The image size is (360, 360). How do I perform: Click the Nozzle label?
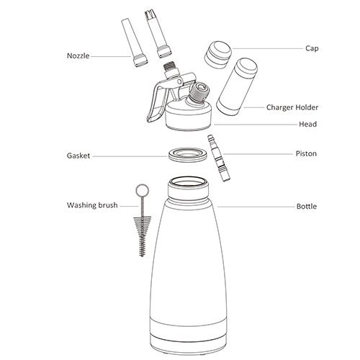coord(78,56)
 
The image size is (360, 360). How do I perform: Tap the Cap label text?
coord(312,48)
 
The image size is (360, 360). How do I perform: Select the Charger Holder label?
coord(292,107)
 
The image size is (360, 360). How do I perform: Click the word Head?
coord(307,124)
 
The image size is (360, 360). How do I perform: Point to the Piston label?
coord(306,153)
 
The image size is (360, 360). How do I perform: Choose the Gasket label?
coord(78,156)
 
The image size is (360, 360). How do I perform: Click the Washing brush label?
coord(92,205)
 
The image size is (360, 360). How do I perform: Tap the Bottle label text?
coord(307,207)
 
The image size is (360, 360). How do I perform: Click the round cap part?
coord(218,55)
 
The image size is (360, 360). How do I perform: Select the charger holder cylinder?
coord(237,86)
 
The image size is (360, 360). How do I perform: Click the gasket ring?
coord(187,155)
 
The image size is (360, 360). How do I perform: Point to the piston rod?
coord(219,158)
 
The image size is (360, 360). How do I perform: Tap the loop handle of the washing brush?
coord(143,191)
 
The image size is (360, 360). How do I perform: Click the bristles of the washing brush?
coord(143,236)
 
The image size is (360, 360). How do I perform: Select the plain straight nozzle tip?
coord(134,43)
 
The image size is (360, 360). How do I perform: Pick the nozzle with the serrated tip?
coord(158,35)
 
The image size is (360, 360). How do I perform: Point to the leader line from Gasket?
coord(130,156)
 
